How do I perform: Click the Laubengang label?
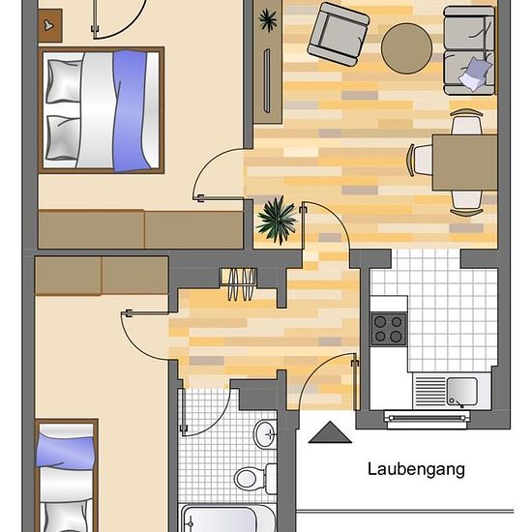416,470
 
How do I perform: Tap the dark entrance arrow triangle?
330,432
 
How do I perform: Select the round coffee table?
406,48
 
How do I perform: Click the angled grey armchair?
339,34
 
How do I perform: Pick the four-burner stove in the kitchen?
389,329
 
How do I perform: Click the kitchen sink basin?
461,391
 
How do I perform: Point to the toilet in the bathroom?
255,479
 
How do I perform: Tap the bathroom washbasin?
265,434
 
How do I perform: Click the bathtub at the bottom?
227,519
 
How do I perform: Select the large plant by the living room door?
278,220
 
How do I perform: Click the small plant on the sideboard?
268,20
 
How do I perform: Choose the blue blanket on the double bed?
131,110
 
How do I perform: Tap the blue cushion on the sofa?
474,74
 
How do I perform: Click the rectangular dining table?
465,163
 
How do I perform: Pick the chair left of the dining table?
420,160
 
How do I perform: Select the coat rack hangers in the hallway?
238,283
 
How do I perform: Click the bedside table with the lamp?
50,25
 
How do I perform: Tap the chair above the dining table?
466,122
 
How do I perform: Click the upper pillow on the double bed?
63,81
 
